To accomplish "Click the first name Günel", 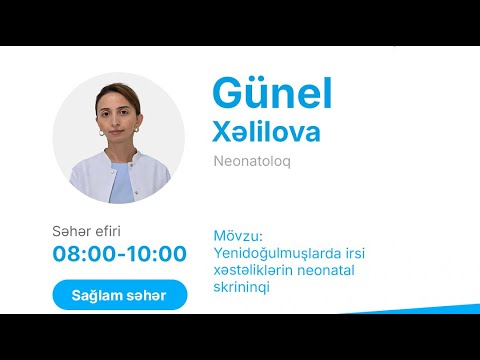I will (x=271, y=93).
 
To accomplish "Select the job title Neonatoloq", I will (x=251, y=160).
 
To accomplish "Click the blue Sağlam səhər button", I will (x=119, y=295).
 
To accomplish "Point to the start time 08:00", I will (x=83, y=254).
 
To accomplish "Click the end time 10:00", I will (x=155, y=254).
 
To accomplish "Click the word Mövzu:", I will (x=237, y=237).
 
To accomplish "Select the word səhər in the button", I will (x=147, y=295).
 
